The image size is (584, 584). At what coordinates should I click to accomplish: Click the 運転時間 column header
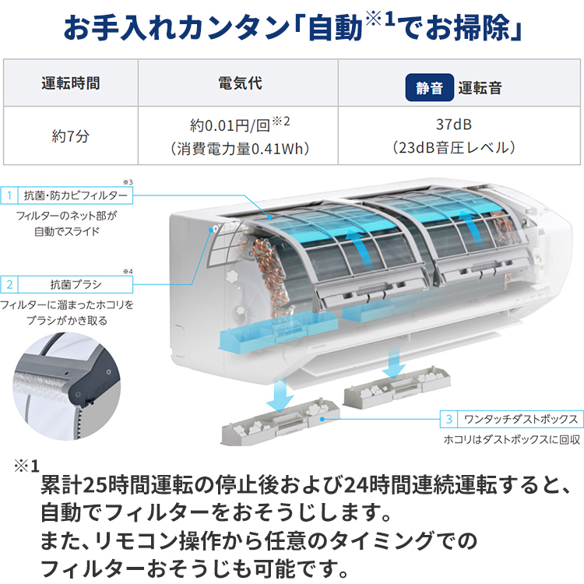pos(70,84)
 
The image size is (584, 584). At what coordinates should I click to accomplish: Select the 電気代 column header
pos(237,84)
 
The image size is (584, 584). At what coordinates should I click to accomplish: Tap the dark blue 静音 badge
pos(429,88)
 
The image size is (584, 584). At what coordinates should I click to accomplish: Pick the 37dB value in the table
pos(453,124)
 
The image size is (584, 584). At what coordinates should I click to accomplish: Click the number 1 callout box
pos(11,195)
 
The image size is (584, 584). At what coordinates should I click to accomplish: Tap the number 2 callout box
pos(11,283)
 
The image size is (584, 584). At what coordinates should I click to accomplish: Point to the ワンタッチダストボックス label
pos(518,418)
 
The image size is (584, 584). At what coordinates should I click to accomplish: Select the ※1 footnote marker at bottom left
pos(25,466)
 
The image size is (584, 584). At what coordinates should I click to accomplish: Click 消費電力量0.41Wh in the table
pos(239,146)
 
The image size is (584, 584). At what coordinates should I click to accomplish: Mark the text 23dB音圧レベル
pos(453,146)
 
